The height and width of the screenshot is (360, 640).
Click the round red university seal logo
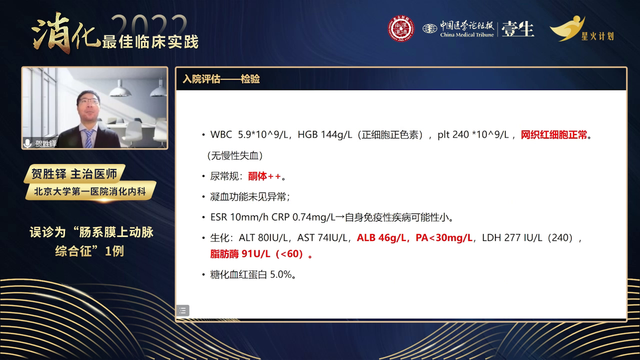coord(401,28)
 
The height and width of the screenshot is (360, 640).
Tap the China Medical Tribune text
coord(467,35)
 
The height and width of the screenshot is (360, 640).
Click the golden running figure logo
coord(567,28)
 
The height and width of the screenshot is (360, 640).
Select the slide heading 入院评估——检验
coord(221,79)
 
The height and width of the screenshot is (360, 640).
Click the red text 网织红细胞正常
coord(553,134)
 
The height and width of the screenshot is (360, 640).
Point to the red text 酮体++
coord(264,176)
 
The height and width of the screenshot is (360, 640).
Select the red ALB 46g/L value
coord(381,237)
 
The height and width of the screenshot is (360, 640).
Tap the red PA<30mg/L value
coord(443,237)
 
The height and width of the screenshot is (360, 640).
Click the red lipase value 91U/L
coord(255,253)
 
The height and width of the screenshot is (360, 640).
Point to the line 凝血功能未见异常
coord(248,197)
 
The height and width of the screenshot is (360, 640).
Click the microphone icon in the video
coord(27,143)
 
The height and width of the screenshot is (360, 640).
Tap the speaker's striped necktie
coord(88,138)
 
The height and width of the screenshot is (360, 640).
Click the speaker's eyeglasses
coord(88,101)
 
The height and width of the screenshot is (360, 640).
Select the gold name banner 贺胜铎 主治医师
coord(74,173)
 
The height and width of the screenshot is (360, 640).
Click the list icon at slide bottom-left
coord(182,310)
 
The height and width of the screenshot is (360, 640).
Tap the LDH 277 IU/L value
coord(512,237)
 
